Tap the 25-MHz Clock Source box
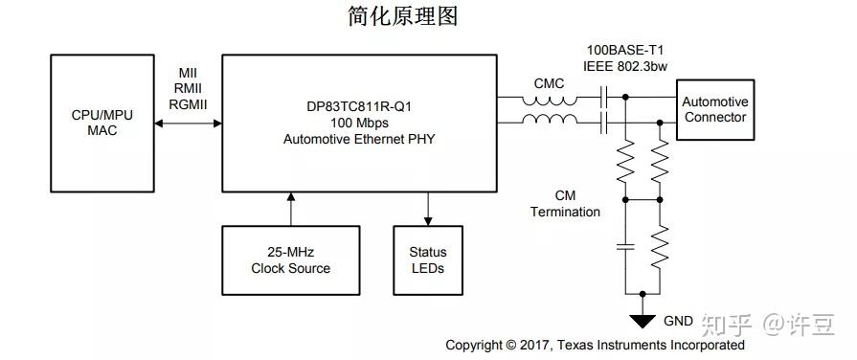click(x=290, y=259)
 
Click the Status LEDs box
click(x=427, y=259)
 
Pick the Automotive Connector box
click(x=713, y=109)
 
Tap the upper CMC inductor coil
click(x=549, y=100)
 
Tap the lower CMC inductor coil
click(x=549, y=122)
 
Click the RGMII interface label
click(x=188, y=104)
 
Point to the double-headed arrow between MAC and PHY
click(x=188, y=123)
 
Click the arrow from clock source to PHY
click(x=290, y=208)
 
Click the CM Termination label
click(x=565, y=203)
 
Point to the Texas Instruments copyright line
click(x=595, y=345)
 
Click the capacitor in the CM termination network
click(x=624, y=246)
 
